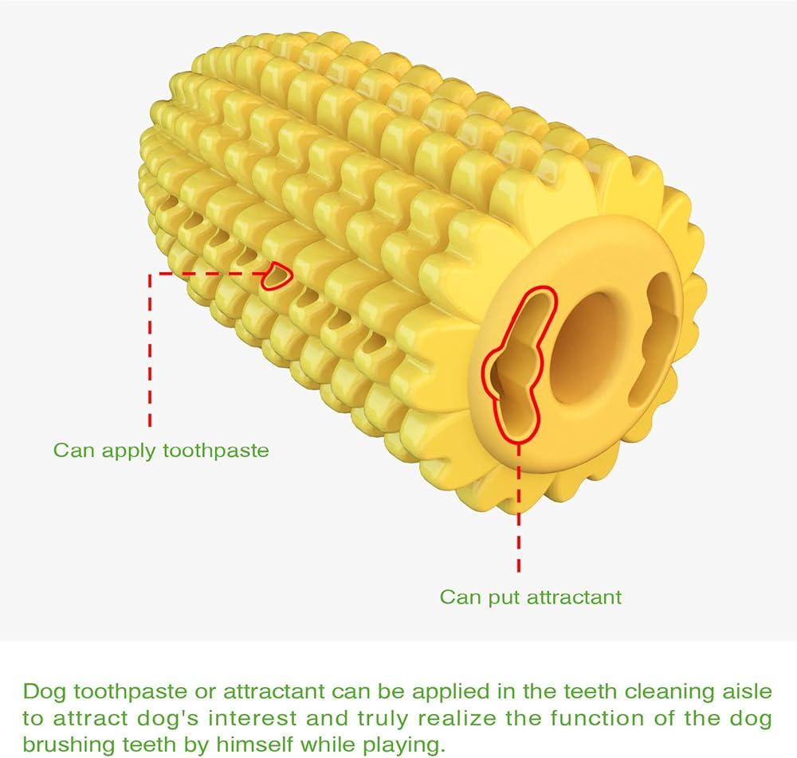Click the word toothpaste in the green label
click(215, 451)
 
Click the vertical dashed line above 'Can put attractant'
click(519, 510)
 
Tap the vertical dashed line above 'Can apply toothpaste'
click(150, 350)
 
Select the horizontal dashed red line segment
click(207, 273)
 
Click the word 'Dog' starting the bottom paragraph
click(41, 690)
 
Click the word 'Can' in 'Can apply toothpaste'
click(70, 451)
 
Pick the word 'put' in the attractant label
click(493, 596)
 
